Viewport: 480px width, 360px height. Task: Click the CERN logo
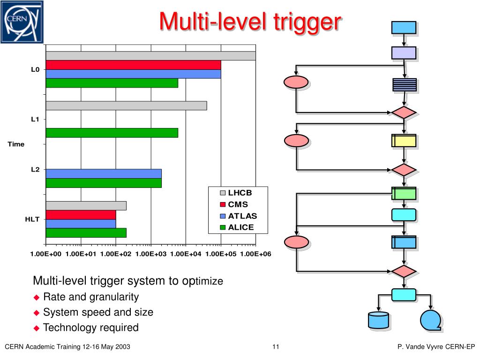point(22,22)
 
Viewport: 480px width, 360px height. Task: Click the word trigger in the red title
point(307,22)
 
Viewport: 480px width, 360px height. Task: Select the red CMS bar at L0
point(134,65)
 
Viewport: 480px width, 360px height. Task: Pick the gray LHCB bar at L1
point(127,105)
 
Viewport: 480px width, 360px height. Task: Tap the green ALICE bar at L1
point(112,133)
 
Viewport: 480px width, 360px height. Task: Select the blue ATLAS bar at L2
point(104,173)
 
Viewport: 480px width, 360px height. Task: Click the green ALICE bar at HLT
point(86,232)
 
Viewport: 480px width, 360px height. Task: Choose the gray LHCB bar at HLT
point(86,206)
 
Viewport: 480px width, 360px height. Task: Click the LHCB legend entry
point(236,193)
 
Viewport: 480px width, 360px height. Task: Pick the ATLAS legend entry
point(239,216)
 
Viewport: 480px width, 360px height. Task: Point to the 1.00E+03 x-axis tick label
point(151,254)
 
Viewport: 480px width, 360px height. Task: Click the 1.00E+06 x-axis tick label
point(255,254)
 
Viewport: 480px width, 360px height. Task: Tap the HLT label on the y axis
point(32,219)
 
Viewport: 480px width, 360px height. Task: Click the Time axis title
point(16,144)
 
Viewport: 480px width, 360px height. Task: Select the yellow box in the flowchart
point(404,141)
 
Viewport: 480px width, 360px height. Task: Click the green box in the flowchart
point(404,194)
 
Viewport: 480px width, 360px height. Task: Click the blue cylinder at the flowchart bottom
point(378,320)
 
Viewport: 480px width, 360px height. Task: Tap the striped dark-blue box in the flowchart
point(405,85)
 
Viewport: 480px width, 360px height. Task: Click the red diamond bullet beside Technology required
point(37,329)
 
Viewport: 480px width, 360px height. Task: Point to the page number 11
point(276,346)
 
